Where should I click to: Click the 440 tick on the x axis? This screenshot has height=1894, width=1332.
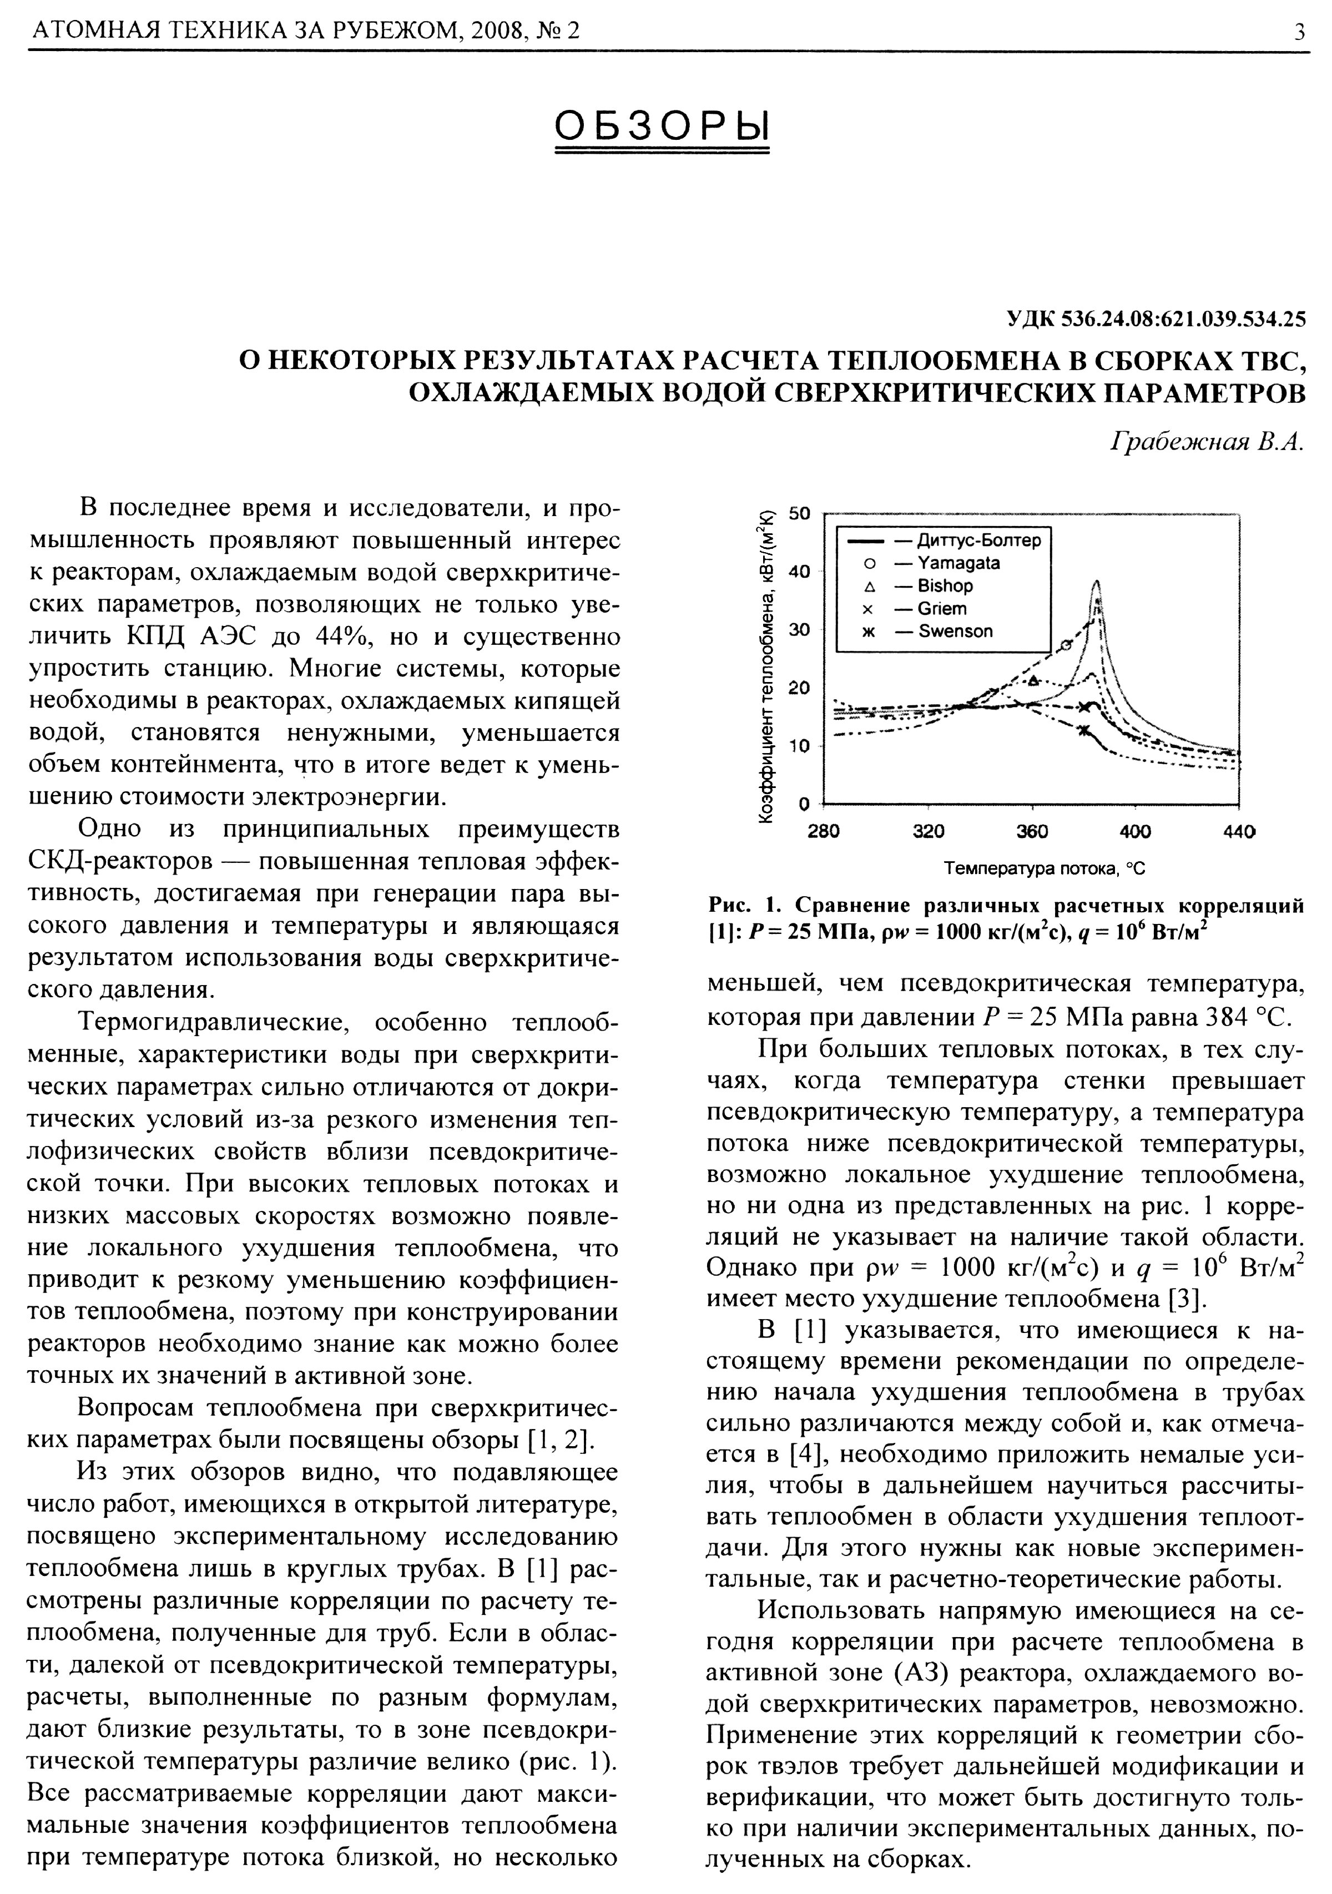coord(1239,831)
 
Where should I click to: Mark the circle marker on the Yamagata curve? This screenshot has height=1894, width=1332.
coord(1065,645)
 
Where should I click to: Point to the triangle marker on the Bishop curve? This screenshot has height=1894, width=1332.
coord(1033,680)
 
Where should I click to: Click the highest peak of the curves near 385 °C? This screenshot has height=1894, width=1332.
coord(1096,583)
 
